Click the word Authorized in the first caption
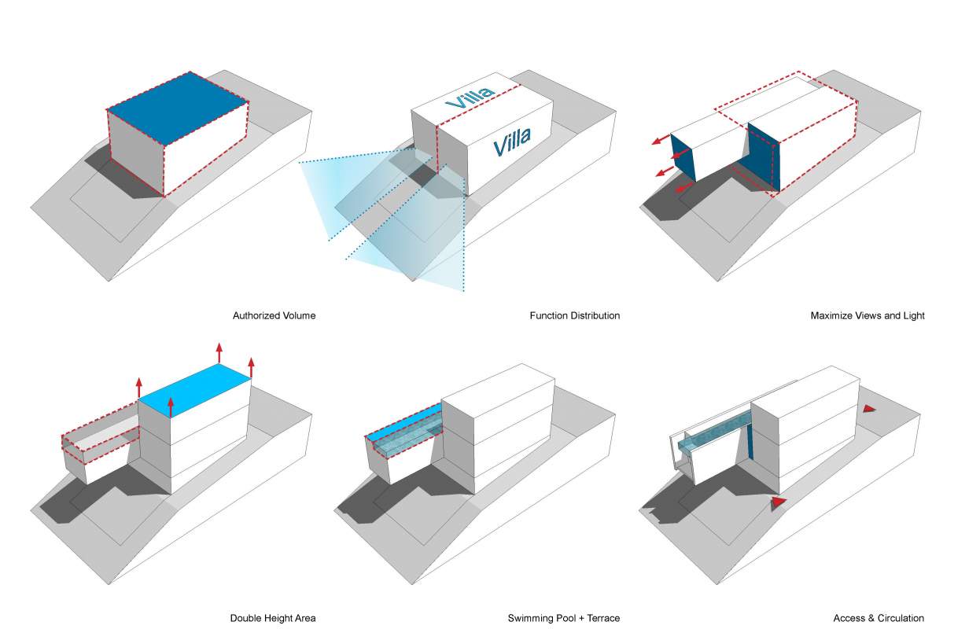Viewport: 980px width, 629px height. [x=253, y=316]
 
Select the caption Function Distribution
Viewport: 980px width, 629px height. [x=574, y=316]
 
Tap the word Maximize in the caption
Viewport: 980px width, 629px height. [x=832, y=316]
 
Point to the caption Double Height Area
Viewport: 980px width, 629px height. [x=272, y=618]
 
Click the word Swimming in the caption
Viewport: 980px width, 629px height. [x=529, y=618]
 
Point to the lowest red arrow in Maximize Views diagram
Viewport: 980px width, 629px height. [x=684, y=186]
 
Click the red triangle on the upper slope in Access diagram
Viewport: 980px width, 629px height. [x=868, y=409]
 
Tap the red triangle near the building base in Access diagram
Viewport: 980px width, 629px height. [x=778, y=502]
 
